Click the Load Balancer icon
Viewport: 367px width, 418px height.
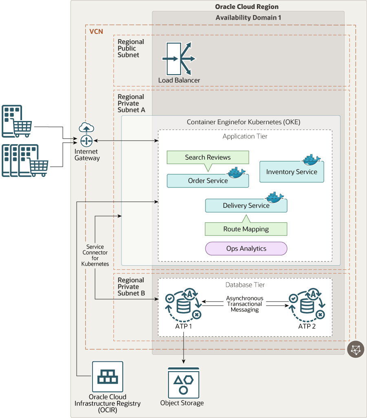(x=179, y=58)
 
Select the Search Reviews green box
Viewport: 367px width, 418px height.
(x=208, y=157)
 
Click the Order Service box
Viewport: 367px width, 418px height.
(x=208, y=181)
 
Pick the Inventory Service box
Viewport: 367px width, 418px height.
(x=292, y=172)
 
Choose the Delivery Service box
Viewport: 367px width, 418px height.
(x=246, y=206)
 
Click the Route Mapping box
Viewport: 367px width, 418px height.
(x=246, y=229)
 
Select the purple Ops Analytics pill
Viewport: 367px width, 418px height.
(x=246, y=249)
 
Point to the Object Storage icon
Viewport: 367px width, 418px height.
(x=183, y=383)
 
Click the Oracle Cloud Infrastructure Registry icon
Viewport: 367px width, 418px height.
(x=107, y=377)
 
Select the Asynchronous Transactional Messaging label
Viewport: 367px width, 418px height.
(x=245, y=304)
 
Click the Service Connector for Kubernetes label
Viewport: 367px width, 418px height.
(x=95, y=255)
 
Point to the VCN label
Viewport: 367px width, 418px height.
(x=96, y=31)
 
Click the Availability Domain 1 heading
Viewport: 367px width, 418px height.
(x=248, y=18)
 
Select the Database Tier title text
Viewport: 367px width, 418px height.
(x=245, y=285)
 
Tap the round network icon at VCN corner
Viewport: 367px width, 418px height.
(x=356, y=349)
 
